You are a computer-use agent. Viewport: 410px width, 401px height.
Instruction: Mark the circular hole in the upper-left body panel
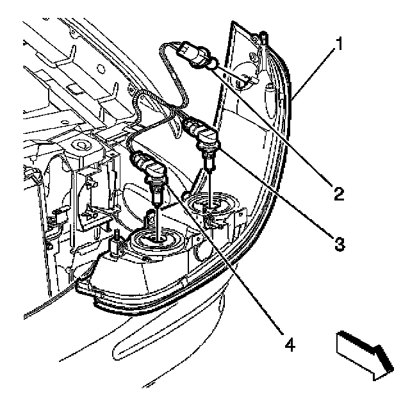click(x=81, y=143)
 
